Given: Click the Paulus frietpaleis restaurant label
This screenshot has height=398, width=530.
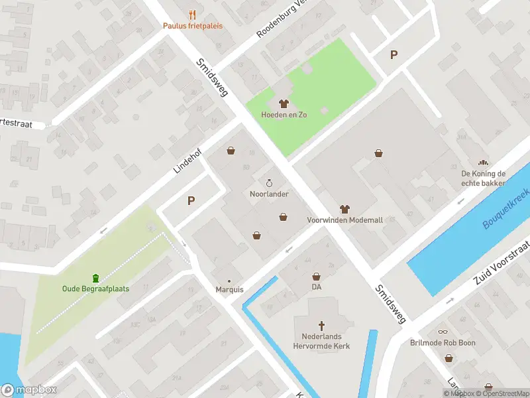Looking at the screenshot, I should tap(193, 26).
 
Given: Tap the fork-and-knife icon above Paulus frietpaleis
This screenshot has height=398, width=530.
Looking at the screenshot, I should tap(193, 15).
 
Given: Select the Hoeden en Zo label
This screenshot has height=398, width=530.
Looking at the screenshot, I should tap(284, 114).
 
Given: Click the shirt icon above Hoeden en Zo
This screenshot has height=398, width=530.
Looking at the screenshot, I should tap(284, 103).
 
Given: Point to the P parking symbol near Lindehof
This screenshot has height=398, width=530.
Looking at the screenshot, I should tap(191, 200).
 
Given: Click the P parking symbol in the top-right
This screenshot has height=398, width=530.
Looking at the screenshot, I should tap(394, 55).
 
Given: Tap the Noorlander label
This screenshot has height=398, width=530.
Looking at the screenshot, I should tap(268, 194).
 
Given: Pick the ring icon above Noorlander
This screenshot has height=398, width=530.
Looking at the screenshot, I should tap(269, 183).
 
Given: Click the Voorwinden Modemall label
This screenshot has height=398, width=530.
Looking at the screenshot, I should tap(344, 220).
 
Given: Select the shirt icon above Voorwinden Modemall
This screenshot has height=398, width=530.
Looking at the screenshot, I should tap(344, 209).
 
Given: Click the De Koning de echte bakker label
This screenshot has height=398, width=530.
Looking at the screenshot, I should tap(484, 178).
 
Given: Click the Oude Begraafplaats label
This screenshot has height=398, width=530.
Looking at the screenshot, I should tap(95, 289).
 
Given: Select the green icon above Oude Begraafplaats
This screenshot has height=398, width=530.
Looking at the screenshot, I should tap(95, 277).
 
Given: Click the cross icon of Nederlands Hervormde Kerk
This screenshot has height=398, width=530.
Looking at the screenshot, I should tap(322, 325).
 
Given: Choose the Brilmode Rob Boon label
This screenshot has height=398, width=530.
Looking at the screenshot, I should tap(443, 343).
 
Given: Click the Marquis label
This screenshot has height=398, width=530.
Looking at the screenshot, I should tap(229, 290).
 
